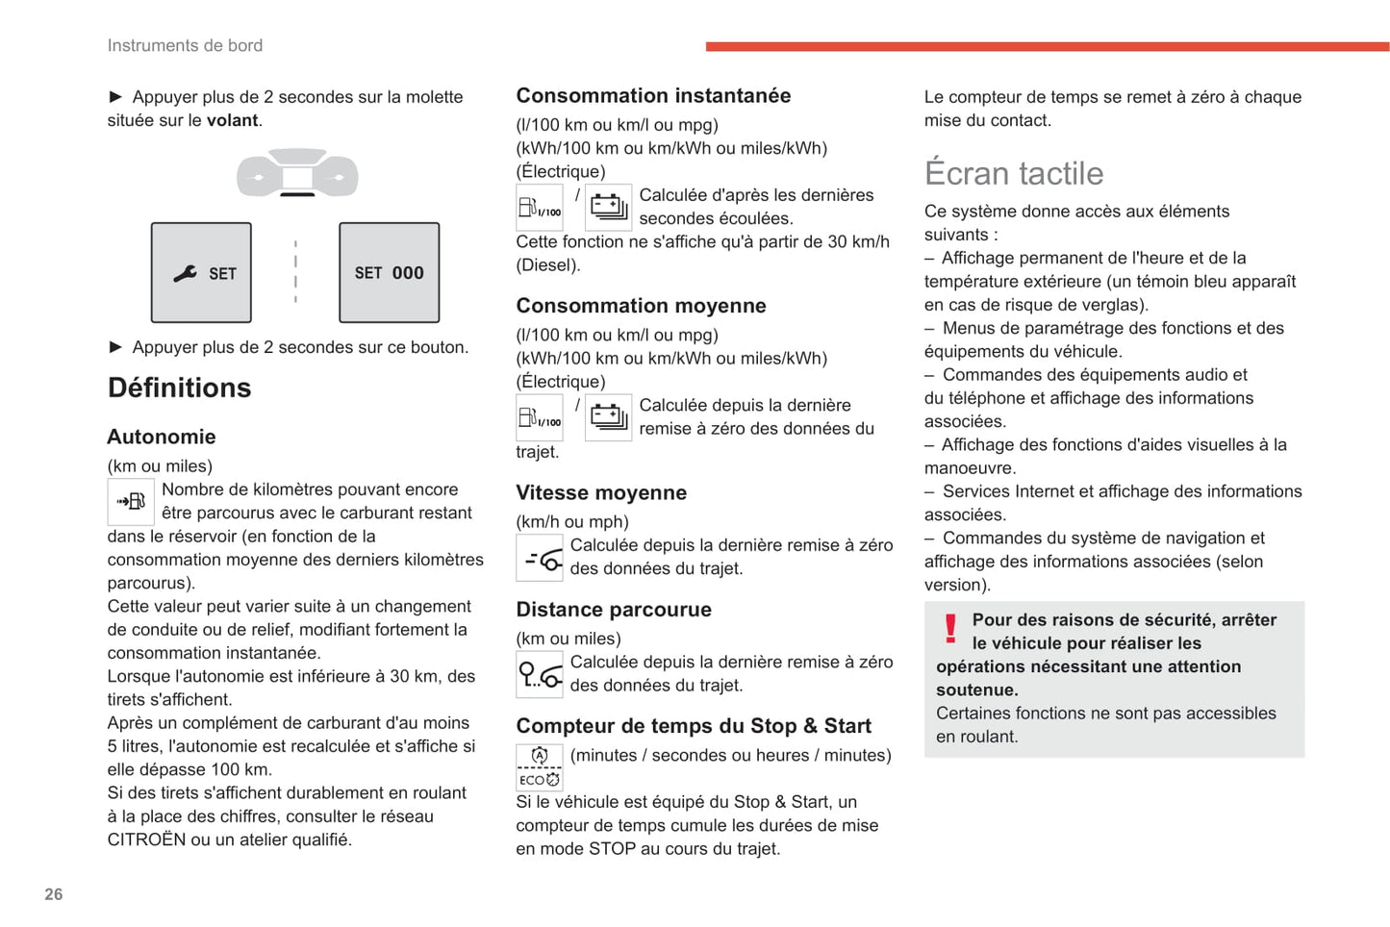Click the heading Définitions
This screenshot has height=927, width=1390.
[x=179, y=388]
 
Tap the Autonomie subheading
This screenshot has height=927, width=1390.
[x=162, y=437]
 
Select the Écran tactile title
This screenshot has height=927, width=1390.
[x=1014, y=173]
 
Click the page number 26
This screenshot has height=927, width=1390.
[x=54, y=894]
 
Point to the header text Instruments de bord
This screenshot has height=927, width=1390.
[x=185, y=45]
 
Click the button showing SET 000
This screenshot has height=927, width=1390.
[x=389, y=273]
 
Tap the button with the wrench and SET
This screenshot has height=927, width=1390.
[x=201, y=273]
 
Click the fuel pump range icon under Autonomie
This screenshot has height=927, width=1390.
[x=131, y=501]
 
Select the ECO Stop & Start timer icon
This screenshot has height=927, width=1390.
[x=540, y=767]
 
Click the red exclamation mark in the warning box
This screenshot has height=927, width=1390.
[x=950, y=629]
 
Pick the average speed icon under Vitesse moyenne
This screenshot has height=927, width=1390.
[x=540, y=558]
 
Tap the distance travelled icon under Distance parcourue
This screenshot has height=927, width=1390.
[x=540, y=674]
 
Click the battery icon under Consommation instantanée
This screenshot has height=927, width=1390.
[x=608, y=207]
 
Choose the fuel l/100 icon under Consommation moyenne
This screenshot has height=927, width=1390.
[x=540, y=417]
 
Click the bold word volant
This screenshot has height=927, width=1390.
[x=232, y=120]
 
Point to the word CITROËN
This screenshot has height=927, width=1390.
[x=146, y=839]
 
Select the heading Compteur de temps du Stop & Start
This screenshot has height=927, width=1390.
[x=694, y=726]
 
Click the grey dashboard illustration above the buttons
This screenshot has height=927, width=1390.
[x=297, y=173]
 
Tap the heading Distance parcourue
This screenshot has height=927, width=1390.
[x=614, y=610]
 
